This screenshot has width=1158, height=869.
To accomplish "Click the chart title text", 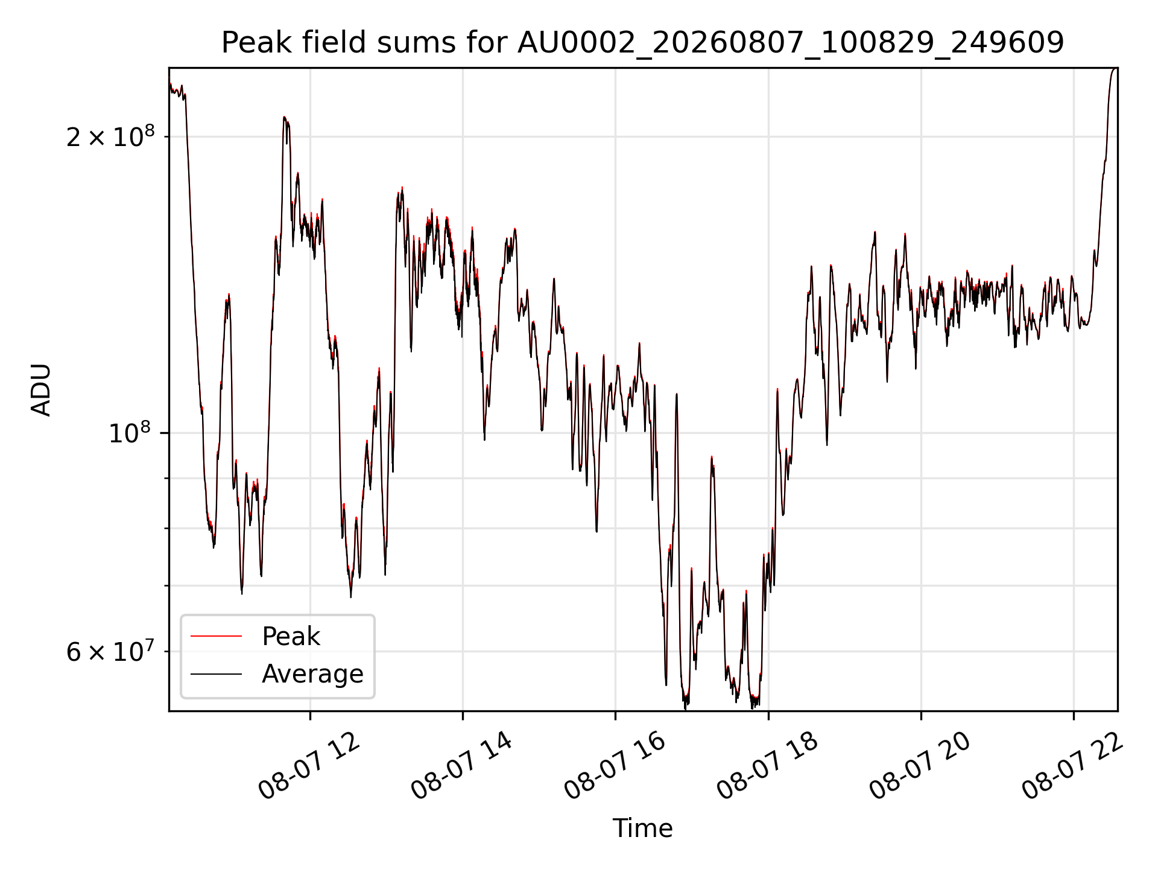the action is tap(643, 43).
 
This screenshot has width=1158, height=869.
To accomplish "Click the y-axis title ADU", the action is tap(41, 390).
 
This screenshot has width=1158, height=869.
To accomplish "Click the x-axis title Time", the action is tap(643, 829).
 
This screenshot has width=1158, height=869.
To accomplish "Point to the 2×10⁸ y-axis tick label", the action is tap(110, 136).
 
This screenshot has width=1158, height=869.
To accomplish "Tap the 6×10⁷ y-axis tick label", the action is tap(110, 651).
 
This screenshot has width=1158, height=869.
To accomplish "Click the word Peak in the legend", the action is tap(291, 637).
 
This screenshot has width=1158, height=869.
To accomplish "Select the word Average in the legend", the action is tap(312, 674).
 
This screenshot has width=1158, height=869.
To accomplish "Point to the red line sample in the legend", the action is tap(216, 636).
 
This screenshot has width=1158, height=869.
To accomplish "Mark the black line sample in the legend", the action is tap(216, 673).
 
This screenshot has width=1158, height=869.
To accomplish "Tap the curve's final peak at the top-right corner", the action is tap(1115, 68).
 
